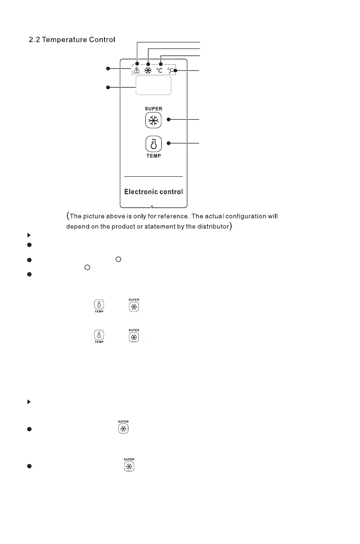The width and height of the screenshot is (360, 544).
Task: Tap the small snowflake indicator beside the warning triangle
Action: (148, 71)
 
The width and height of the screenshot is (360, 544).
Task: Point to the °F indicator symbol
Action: (171, 71)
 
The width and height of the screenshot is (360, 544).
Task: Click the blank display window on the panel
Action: (153, 85)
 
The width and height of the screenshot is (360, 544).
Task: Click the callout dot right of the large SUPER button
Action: (169, 120)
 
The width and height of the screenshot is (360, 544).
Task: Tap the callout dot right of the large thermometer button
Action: (169, 143)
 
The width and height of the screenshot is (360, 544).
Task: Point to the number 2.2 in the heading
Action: (34, 40)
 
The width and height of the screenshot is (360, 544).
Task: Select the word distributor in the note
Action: (210, 227)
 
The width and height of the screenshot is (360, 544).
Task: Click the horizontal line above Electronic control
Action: (154, 176)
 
